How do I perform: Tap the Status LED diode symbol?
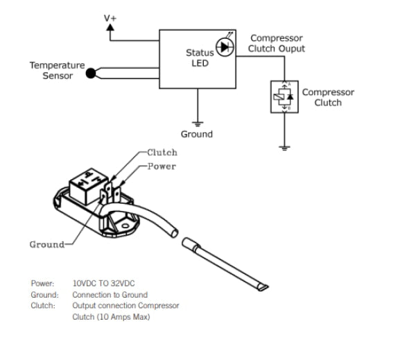(224, 47)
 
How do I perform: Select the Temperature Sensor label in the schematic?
(57, 70)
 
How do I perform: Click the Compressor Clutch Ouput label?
(277, 44)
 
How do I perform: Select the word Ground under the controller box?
(197, 134)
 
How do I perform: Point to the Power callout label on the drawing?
(162, 166)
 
